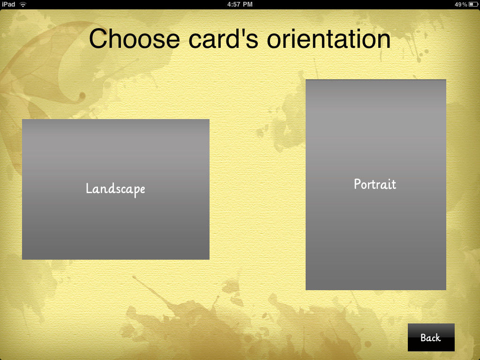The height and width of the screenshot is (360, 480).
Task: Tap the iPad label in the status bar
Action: coord(8,4)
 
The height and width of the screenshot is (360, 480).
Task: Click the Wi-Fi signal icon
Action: coord(23,4)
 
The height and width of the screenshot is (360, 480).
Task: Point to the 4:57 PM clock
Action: coord(240,4)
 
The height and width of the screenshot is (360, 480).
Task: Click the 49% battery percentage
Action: coord(461,4)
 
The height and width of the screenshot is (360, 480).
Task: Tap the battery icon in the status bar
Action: coord(473,4)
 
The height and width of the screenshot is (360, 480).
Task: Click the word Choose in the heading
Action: coord(135,38)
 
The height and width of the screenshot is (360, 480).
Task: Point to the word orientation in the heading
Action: coord(329,38)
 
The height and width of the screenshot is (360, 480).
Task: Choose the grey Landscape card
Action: coord(116,189)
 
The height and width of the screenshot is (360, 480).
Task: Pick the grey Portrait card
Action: coord(376,185)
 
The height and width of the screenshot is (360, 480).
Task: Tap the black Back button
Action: coord(431,337)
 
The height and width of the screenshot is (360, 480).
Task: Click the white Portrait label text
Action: coord(375,184)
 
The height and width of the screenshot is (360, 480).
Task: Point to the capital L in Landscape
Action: coord(89,188)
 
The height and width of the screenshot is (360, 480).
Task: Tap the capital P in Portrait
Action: coord(358,184)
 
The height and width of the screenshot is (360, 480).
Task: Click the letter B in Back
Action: coord(424,337)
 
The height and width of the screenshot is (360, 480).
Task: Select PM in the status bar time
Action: coord(247,4)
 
